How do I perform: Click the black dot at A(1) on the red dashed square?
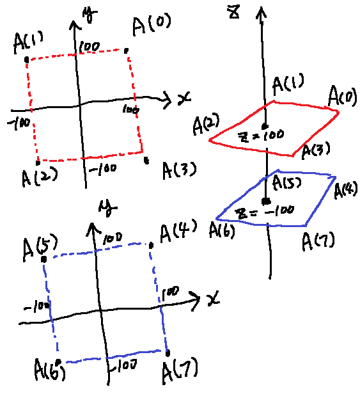pos(27,60)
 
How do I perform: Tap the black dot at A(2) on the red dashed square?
pos(38,163)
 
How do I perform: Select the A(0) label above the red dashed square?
pos(152,24)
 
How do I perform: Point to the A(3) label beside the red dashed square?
pos(179,170)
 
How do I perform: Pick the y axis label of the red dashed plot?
pos(90,15)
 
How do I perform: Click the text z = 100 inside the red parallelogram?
pos(261,136)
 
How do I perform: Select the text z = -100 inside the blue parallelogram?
pos(264,212)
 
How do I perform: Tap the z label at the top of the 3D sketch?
pos(234,12)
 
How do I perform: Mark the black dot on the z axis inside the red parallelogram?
pos(265,126)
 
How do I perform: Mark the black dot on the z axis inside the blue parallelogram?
pos(266,202)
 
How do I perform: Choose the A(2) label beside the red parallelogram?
pos(206,123)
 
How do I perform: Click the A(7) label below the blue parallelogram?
pos(318,241)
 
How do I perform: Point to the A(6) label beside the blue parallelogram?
pos(222,230)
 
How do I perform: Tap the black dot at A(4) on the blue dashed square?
pos(151,245)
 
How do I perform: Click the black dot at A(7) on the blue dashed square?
pos(168,353)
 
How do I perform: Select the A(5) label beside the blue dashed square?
pos(40,248)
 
